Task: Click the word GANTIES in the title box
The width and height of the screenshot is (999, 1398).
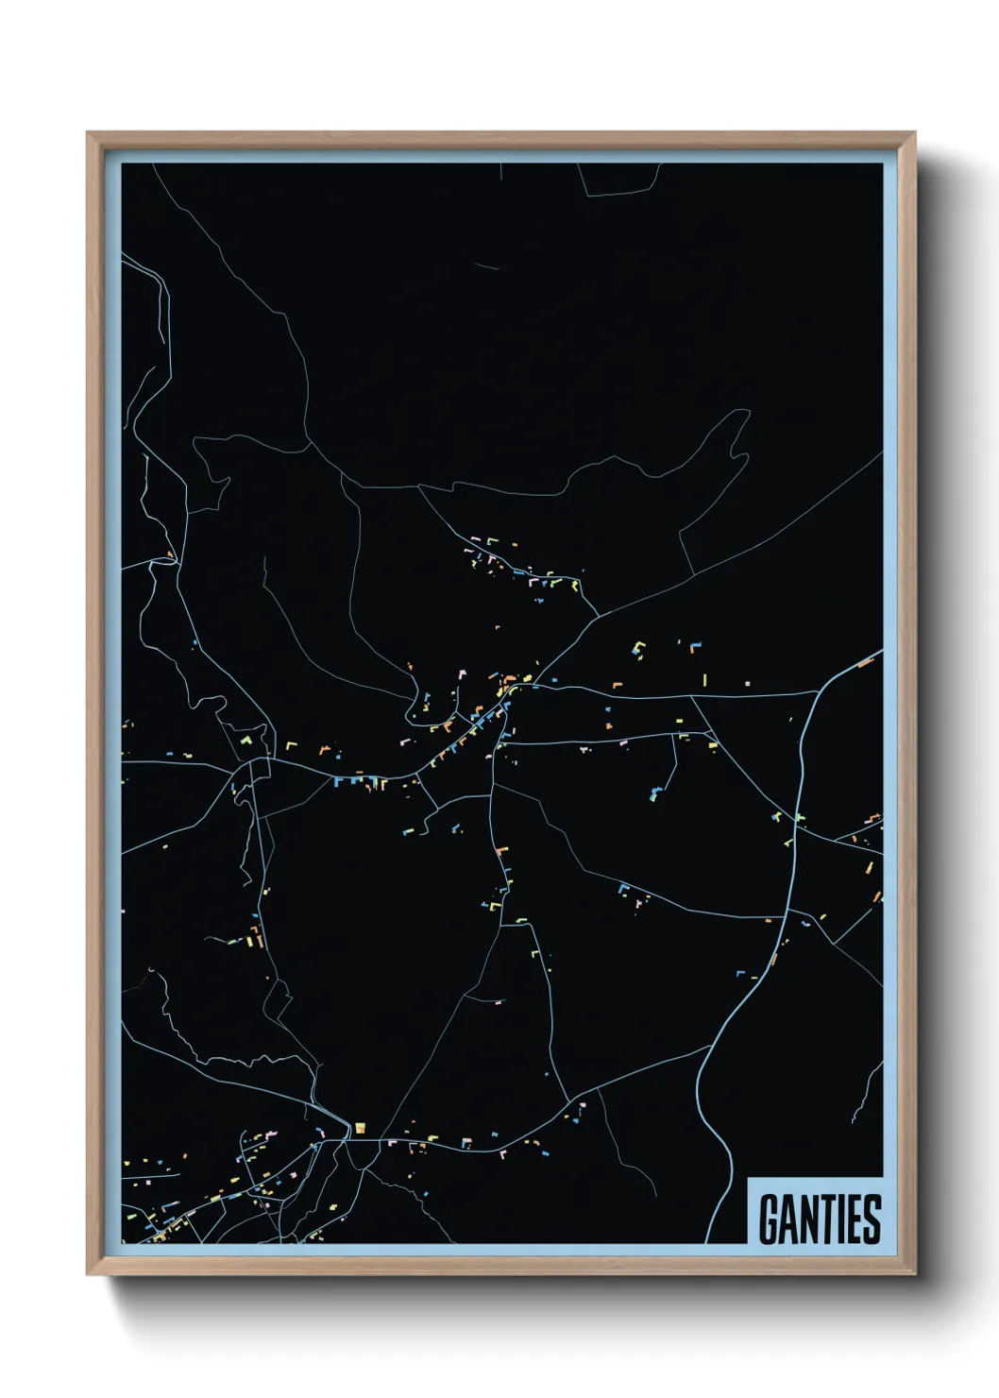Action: (x=819, y=1219)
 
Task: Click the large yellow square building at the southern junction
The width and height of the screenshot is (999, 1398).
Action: (x=360, y=1127)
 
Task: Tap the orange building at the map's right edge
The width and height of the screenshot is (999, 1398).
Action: (x=865, y=662)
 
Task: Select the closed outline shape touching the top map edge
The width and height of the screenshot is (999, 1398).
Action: (x=618, y=179)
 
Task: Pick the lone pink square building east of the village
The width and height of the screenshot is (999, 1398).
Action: (x=747, y=682)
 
